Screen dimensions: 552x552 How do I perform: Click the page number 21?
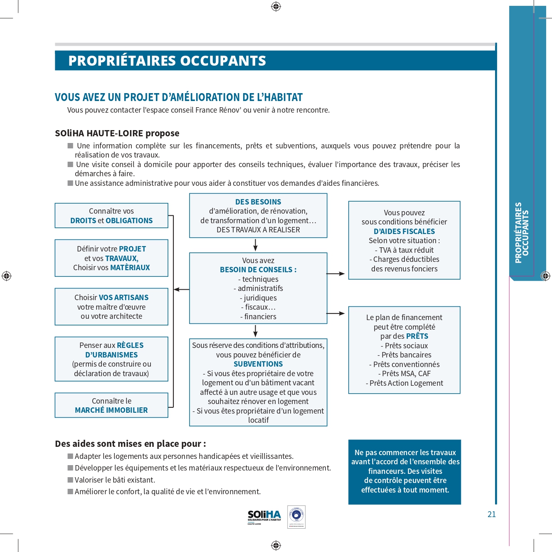pyautogui.click(x=491, y=514)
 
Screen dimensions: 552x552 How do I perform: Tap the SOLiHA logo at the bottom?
pyautogui.click(x=264, y=516)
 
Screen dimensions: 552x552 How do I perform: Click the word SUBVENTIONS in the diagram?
pyautogui.click(x=258, y=364)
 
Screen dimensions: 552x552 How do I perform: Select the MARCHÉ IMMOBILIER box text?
pyautogui.click(x=111, y=410)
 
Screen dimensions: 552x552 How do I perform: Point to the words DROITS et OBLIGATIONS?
pyautogui.click(x=111, y=221)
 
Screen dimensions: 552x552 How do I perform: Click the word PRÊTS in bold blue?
pyautogui.click(x=417, y=336)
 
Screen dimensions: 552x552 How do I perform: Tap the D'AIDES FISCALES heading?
pyautogui.click(x=404, y=232)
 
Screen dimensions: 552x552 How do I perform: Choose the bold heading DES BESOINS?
pyautogui.click(x=258, y=202)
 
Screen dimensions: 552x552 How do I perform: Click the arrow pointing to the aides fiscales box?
pyautogui.click(x=336, y=274)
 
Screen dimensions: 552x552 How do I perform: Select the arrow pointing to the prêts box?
pyautogui.click(x=336, y=313)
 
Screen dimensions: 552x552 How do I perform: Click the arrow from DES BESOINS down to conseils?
pyautogui.click(x=255, y=245)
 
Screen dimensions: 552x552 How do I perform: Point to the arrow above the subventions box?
pyautogui.click(x=255, y=331)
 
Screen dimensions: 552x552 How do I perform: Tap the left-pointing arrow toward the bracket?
pyautogui.click(x=181, y=289)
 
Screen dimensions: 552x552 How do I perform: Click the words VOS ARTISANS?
pyautogui.click(x=123, y=298)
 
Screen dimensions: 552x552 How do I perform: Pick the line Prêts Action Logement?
pyautogui.click(x=404, y=383)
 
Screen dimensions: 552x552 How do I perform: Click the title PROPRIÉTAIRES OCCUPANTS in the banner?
pyautogui.click(x=167, y=61)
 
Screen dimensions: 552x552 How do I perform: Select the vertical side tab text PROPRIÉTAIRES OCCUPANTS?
pyautogui.click(x=522, y=233)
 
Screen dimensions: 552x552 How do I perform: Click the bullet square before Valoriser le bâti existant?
pyautogui.click(x=70, y=480)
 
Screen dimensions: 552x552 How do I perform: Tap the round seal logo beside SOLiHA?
pyautogui.click(x=296, y=517)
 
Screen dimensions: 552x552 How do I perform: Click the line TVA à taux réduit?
pyautogui.click(x=404, y=250)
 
